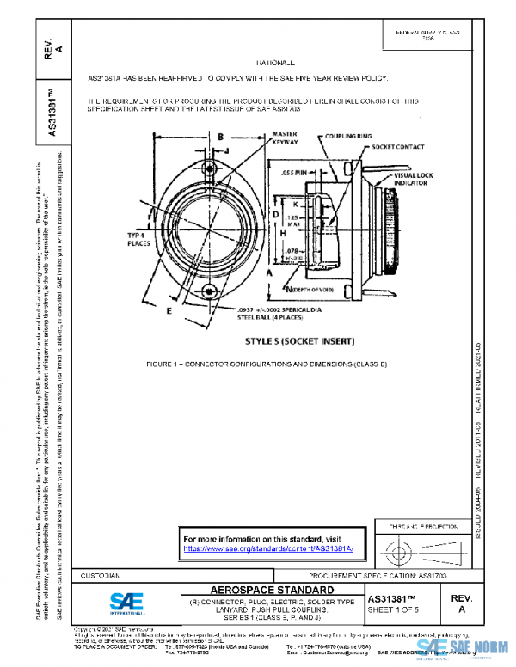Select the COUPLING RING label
tap(348, 136)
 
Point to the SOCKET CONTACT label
tap(397, 147)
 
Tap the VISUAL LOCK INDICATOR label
tap(410, 179)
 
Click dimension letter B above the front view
tap(220, 137)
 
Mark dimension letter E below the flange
tap(169, 309)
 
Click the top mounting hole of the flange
tap(210, 168)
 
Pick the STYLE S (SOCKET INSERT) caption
tap(300, 341)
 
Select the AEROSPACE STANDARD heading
tap(261, 590)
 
